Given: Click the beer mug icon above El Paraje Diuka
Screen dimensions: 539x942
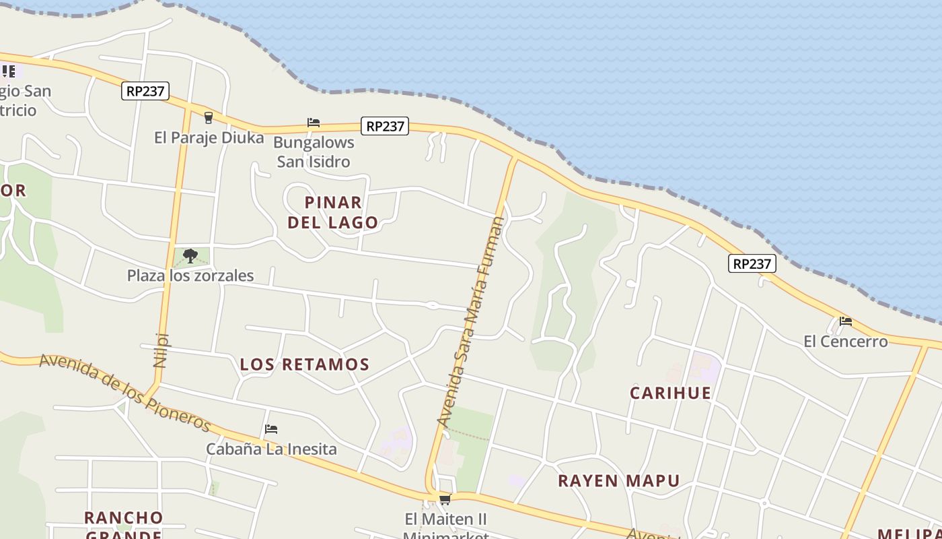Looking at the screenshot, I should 208,117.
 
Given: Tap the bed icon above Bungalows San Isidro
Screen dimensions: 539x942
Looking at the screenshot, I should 313,123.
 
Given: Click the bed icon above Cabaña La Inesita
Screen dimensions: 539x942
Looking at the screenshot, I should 271,429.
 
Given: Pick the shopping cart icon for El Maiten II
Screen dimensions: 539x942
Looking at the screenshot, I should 444,499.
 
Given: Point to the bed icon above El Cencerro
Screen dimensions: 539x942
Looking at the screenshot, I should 845,321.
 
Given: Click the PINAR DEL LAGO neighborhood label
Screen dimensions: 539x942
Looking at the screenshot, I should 333,212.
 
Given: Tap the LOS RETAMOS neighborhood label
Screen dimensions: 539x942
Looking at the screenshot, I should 305,364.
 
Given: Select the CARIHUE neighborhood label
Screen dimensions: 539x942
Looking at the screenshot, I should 670,393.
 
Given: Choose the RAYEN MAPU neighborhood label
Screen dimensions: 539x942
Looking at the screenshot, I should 618,481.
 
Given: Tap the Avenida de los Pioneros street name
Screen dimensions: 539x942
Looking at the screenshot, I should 125,393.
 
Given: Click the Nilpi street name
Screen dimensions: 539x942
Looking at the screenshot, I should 161,350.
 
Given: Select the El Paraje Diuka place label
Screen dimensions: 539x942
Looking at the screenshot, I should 209,137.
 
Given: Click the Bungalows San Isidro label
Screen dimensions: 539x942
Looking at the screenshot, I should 314,152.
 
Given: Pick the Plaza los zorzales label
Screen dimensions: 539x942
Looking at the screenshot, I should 190,276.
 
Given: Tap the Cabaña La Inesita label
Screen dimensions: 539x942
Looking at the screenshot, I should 271,449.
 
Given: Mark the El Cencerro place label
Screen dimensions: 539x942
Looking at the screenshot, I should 845,342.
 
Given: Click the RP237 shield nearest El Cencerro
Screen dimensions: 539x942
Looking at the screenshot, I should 752,263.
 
